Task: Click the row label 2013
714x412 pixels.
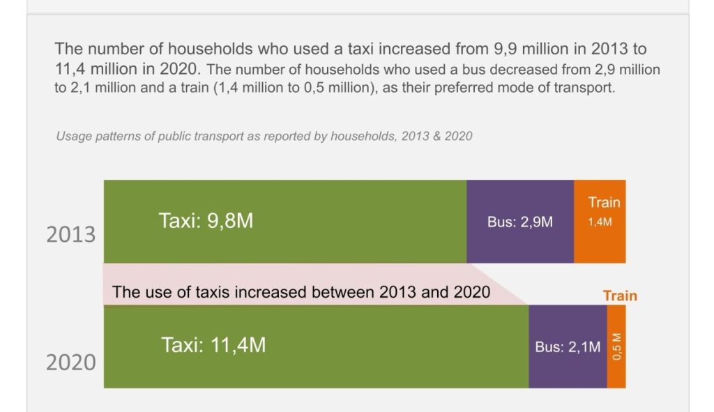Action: click(71, 234)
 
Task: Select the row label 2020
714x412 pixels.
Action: click(71, 363)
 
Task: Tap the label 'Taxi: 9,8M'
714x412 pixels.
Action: click(206, 221)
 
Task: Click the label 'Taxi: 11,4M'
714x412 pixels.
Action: click(213, 345)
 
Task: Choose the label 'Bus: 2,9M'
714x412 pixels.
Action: click(520, 222)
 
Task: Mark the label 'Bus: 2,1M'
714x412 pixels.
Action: click(567, 347)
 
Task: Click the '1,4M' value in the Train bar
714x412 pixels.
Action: click(600, 222)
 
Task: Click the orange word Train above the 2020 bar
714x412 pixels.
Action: click(620, 296)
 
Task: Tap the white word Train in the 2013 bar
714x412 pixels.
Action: click(604, 202)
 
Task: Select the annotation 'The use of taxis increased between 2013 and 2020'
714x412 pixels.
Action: click(301, 291)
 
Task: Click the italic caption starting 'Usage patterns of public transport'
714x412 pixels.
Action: click(264, 136)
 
